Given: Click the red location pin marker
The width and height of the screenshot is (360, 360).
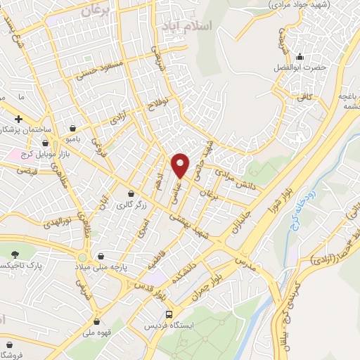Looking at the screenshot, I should coord(181,165).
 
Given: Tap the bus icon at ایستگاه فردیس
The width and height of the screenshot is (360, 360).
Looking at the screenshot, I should coord(168,314).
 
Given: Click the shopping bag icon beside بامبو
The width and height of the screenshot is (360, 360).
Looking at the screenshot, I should coord(74,128).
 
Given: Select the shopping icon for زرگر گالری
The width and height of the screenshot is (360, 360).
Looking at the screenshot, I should coord(130,193).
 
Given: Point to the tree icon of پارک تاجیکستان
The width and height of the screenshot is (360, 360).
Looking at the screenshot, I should coord(15,254).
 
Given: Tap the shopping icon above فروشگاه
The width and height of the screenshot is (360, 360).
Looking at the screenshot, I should coord(10,345).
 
